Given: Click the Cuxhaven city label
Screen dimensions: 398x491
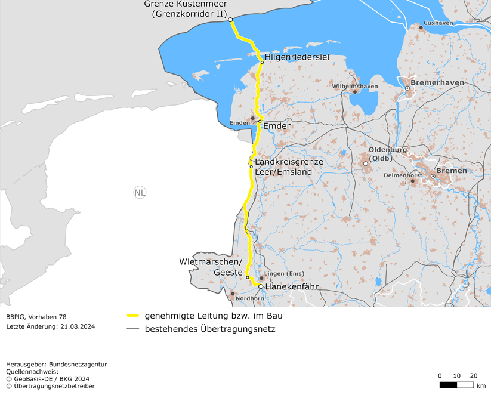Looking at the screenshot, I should (438, 23).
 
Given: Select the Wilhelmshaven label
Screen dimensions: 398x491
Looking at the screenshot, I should (355, 86).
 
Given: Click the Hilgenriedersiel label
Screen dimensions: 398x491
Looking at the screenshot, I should (297, 57).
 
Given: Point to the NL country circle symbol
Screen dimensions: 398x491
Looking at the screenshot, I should (140, 192).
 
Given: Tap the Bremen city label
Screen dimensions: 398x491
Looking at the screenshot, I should (452, 171).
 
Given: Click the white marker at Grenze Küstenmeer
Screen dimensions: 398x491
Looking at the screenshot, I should (230, 20).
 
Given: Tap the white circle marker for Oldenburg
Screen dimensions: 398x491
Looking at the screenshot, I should (366, 163).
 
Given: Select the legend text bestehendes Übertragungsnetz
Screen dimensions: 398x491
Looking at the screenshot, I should (210, 329).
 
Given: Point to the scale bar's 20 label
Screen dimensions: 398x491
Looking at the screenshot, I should (474, 375).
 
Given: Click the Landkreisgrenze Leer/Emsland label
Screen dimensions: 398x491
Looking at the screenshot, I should (289, 167).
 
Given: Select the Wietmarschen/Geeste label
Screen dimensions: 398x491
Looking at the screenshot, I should (211, 267).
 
